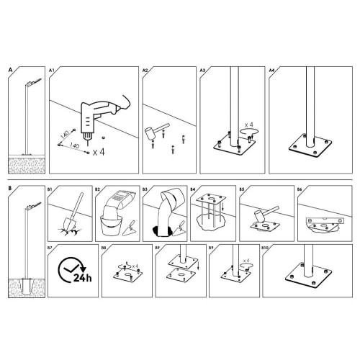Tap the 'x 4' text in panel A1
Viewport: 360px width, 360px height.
[x=99, y=152]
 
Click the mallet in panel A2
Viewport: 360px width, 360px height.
[x=156, y=131]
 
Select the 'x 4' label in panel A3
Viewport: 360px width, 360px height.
[x=249, y=125]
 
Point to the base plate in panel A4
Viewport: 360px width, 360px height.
[x=310, y=145]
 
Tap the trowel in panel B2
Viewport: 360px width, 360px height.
[x=130, y=228]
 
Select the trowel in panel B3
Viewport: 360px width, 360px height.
[x=179, y=229]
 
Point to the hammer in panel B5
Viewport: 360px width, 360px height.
[x=265, y=213]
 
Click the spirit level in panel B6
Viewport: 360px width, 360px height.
[x=325, y=221]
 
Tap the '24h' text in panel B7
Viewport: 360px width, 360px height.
[x=82, y=278]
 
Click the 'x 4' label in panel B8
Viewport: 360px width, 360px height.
[x=135, y=266]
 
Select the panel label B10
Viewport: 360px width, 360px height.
[x=264, y=247]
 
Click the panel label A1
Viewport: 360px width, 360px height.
[x=52, y=71]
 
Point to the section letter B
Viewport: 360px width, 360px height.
[x=10, y=188]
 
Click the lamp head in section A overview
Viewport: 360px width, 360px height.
[x=35, y=81]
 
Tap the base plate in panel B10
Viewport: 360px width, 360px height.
[x=309, y=275]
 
